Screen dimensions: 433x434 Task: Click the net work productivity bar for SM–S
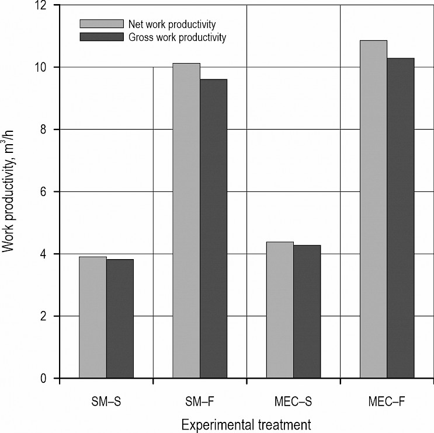coord(92,317)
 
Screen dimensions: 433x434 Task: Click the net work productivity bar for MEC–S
coord(280,310)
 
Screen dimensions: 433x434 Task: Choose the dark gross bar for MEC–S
coord(307,312)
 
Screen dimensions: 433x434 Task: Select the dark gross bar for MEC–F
coord(400,218)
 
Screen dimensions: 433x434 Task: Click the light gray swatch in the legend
coord(102,24)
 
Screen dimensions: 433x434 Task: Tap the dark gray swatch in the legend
coord(102,37)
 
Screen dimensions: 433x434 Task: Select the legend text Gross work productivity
coord(176,37)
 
